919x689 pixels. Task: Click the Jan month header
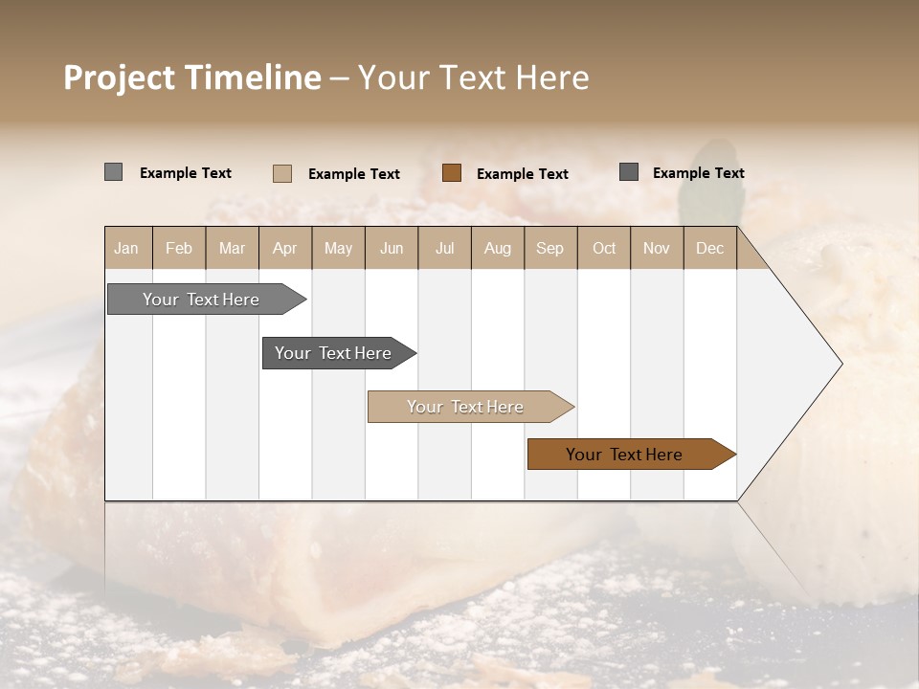pos(126,248)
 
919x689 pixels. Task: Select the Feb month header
pos(179,248)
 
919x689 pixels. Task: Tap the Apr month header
pos(284,248)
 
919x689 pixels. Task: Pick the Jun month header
pos(392,248)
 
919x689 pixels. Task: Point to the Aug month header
pos(497,248)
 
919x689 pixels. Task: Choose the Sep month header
pos(549,248)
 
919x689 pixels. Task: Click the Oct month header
pos(604,248)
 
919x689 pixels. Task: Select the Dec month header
pos(709,248)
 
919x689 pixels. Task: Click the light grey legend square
pos(114,172)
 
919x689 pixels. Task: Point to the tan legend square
pos(282,173)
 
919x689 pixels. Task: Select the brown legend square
pos(452,172)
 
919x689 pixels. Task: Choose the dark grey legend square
pos(629,172)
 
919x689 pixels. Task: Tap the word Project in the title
pos(120,78)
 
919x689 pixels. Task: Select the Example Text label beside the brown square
pos(522,174)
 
